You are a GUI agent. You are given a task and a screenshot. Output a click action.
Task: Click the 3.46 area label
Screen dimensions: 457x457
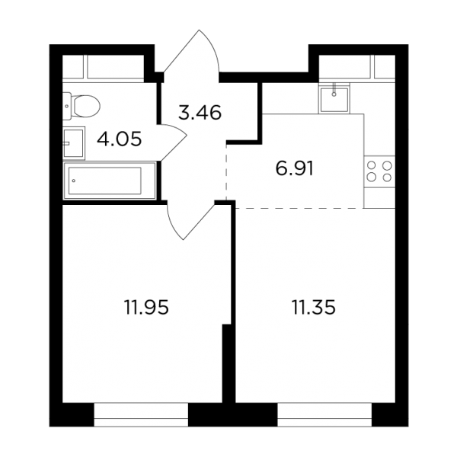(200, 113)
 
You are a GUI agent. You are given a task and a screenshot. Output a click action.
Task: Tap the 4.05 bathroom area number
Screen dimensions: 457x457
(120, 139)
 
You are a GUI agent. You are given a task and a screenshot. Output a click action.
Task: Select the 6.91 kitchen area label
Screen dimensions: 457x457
(294, 169)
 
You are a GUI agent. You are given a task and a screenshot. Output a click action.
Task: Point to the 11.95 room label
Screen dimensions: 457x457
(146, 307)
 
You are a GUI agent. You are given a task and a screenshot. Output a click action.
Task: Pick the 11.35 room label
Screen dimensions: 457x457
(314, 307)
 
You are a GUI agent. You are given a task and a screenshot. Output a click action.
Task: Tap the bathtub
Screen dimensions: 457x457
(110, 181)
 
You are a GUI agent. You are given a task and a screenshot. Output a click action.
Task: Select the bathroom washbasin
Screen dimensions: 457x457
(74, 143)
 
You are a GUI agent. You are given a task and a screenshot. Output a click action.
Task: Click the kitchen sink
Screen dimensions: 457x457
(334, 100)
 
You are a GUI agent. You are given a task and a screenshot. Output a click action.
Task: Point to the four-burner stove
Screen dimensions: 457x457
(379, 171)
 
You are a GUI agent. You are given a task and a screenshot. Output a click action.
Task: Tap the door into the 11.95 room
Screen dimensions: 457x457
(190, 221)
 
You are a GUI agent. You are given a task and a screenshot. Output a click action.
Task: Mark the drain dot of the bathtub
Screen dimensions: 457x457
(74, 181)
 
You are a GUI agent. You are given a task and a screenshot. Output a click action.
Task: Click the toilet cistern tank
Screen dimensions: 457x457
(67, 106)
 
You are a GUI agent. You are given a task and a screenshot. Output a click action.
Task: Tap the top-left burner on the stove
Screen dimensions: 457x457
(371, 166)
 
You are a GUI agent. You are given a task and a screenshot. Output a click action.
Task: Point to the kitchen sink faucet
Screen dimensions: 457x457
(334, 90)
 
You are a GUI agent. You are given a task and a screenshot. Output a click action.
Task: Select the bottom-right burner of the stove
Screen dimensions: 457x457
(388, 177)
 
